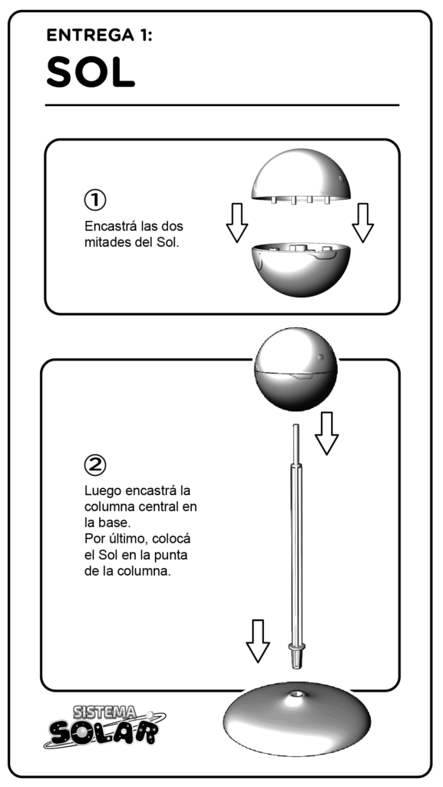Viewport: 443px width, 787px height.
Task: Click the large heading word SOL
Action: coord(91,71)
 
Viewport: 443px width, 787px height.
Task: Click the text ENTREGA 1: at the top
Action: coord(99,35)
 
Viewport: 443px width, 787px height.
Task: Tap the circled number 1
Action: coord(94,200)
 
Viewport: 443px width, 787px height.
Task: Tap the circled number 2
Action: coord(94,465)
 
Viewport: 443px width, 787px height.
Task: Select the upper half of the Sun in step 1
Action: coord(301,176)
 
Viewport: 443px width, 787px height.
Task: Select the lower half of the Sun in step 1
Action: coord(301,270)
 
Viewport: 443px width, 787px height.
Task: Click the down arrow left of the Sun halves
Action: coord(237,223)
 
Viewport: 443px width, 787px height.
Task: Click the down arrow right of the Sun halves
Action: coord(363,223)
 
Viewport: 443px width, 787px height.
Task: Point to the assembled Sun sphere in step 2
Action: coord(296,370)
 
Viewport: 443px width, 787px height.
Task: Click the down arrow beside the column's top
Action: coord(327,433)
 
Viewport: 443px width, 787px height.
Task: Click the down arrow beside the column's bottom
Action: coord(257,641)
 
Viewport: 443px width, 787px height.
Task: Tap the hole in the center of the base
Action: coord(296,695)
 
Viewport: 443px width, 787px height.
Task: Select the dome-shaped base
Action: coord(296,719)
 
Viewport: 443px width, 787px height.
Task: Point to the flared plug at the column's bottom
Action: coord(296,655)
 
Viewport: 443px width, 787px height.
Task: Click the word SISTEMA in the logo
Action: coord(104,712)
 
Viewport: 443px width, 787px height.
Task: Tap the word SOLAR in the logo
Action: coord(104,732)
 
